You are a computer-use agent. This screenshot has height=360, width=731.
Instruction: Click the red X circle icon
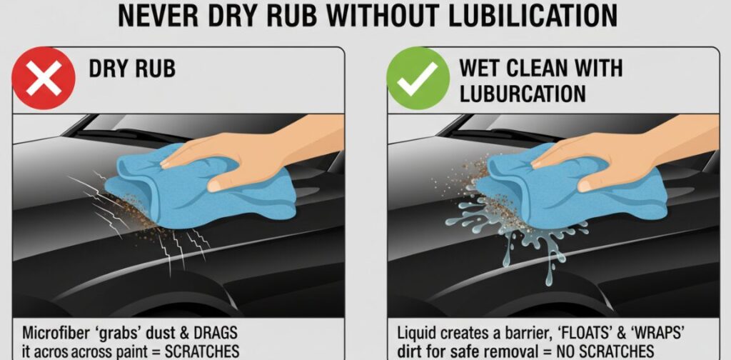[44, 78]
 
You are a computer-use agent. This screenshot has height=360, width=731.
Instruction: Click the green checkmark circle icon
[418, 78]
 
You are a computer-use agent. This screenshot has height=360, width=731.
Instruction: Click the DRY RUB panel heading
[132, 69]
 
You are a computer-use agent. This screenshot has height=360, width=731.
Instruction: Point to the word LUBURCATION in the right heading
[522, 94]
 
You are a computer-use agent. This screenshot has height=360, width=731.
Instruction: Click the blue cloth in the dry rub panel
[201, 186]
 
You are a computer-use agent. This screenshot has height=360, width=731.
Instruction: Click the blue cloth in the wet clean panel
[571, 186]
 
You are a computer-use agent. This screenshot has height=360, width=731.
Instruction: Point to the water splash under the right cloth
[518, 233]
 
